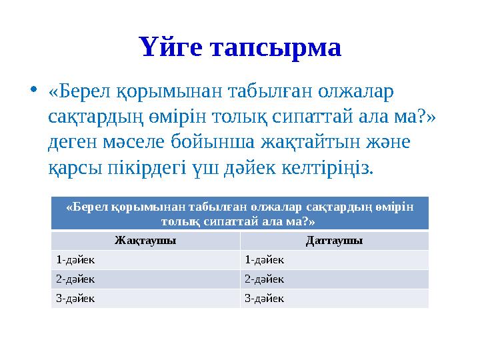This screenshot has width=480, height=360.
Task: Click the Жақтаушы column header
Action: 145,241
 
